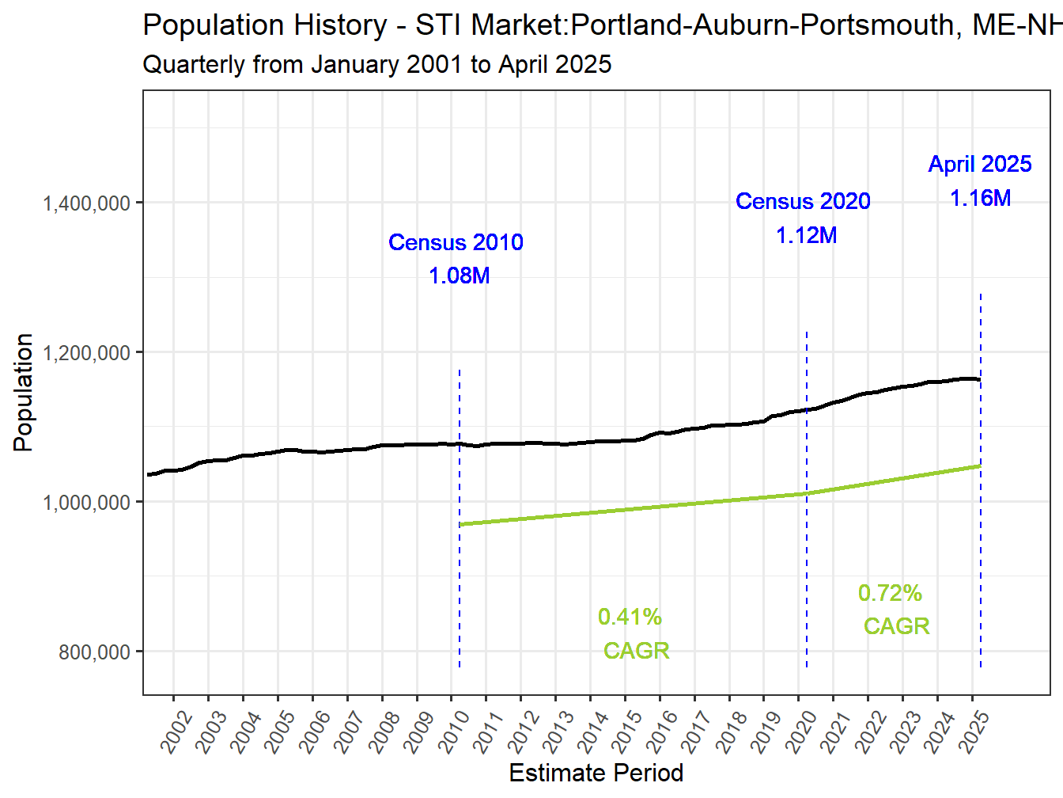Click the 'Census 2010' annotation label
[x=456, y=242]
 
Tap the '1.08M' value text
[x=459, y=275]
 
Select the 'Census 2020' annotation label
[x=803, y=201]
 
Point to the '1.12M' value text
[x=806, y=235]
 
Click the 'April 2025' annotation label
[x=980, y=164]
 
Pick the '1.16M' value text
[x=980, y=198]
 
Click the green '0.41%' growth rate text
[x=630, y=617]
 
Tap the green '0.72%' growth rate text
[x=890, y=593]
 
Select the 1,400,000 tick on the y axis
[x=86, y=203]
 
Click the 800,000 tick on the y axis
[x=94, y=652]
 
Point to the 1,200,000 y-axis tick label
[x=86, y=353]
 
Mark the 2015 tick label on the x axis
[x=629, y=731]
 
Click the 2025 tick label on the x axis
[x=975, y=731]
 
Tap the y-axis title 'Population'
[x=23, y=393]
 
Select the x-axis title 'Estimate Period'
[x=596, y=773]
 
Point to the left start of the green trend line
[x=460, y=524]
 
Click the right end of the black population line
[x=980, y=380]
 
